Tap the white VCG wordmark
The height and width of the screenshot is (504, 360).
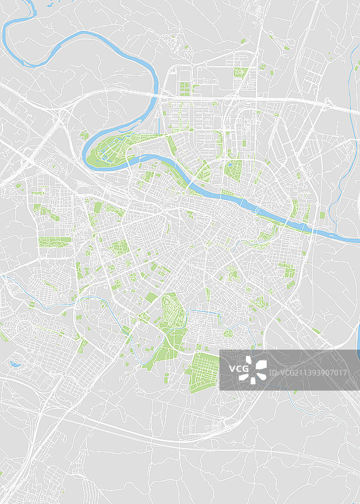point(238,369)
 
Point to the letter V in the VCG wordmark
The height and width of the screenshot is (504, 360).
point(231,369)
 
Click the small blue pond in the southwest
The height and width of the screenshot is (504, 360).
point(14,363)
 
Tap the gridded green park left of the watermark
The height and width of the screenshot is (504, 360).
point(204,372)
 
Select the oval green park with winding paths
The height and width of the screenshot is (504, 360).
point(171,310)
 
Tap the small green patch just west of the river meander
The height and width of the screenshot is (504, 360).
point(84,135)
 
